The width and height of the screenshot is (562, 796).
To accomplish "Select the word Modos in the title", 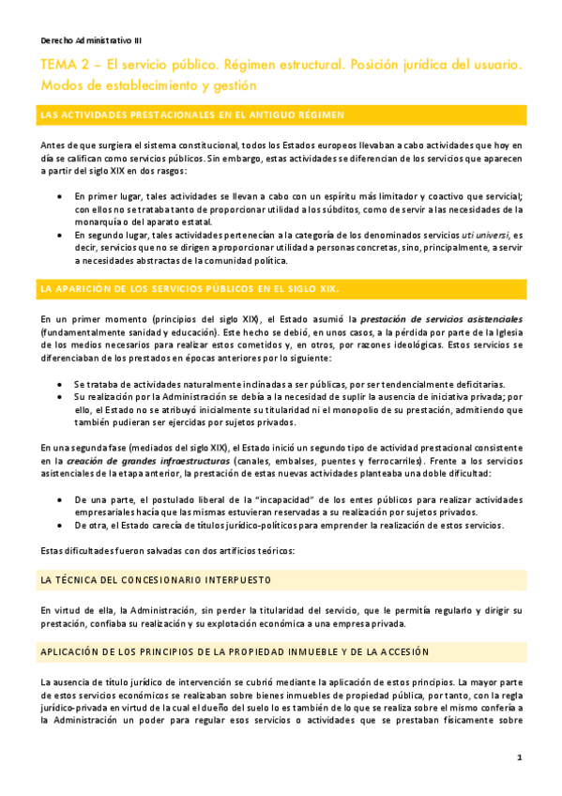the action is click(x=62, y=84).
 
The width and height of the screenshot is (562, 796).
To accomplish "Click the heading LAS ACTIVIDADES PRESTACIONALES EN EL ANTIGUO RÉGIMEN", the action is click(x=192, y=115).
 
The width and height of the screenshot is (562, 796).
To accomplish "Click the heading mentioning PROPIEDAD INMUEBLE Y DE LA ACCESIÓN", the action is click(x=235, y=651).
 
